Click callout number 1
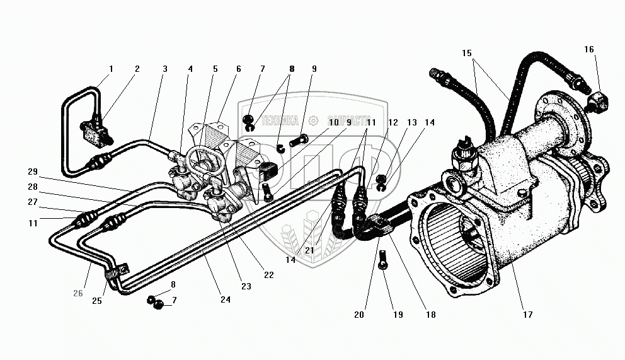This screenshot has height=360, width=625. (111, 69)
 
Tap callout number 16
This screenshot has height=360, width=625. (588, 49)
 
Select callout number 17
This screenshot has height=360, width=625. (527, 314)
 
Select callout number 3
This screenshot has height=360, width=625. (165, 69)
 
